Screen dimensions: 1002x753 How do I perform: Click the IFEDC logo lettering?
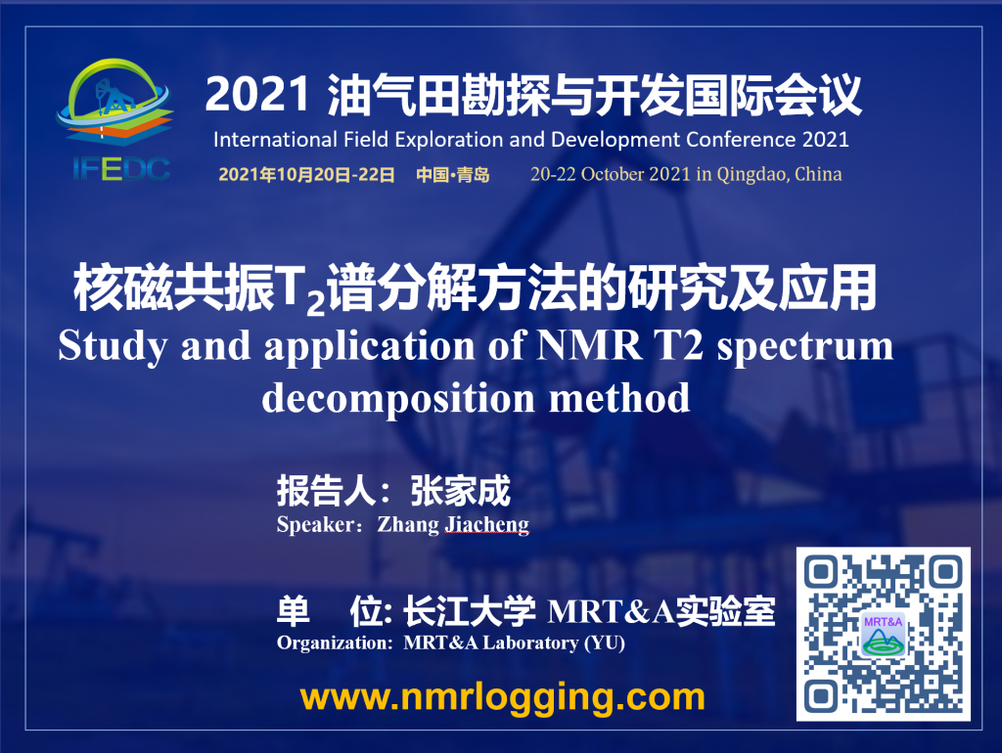coord(121,168)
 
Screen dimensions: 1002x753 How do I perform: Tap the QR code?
coord(884,635)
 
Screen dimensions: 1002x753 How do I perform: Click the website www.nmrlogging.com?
coord(502,697)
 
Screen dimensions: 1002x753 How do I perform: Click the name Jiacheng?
coord(487,524)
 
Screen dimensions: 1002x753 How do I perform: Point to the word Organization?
coord(335,643)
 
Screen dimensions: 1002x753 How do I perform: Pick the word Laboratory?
coord(530,642)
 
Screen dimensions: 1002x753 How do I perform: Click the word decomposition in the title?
coord(398,399)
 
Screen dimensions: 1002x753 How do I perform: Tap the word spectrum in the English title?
coord(804,348)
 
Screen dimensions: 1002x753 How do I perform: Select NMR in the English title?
coord(590,345)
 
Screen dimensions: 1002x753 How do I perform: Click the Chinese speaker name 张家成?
coord(460,491)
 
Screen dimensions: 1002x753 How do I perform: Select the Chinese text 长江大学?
coord(469,612)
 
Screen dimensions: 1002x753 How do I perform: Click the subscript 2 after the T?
coord(316,303)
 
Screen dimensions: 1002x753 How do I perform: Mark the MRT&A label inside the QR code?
coord(883,621)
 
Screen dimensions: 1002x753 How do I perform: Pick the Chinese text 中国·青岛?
coord(452,174)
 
